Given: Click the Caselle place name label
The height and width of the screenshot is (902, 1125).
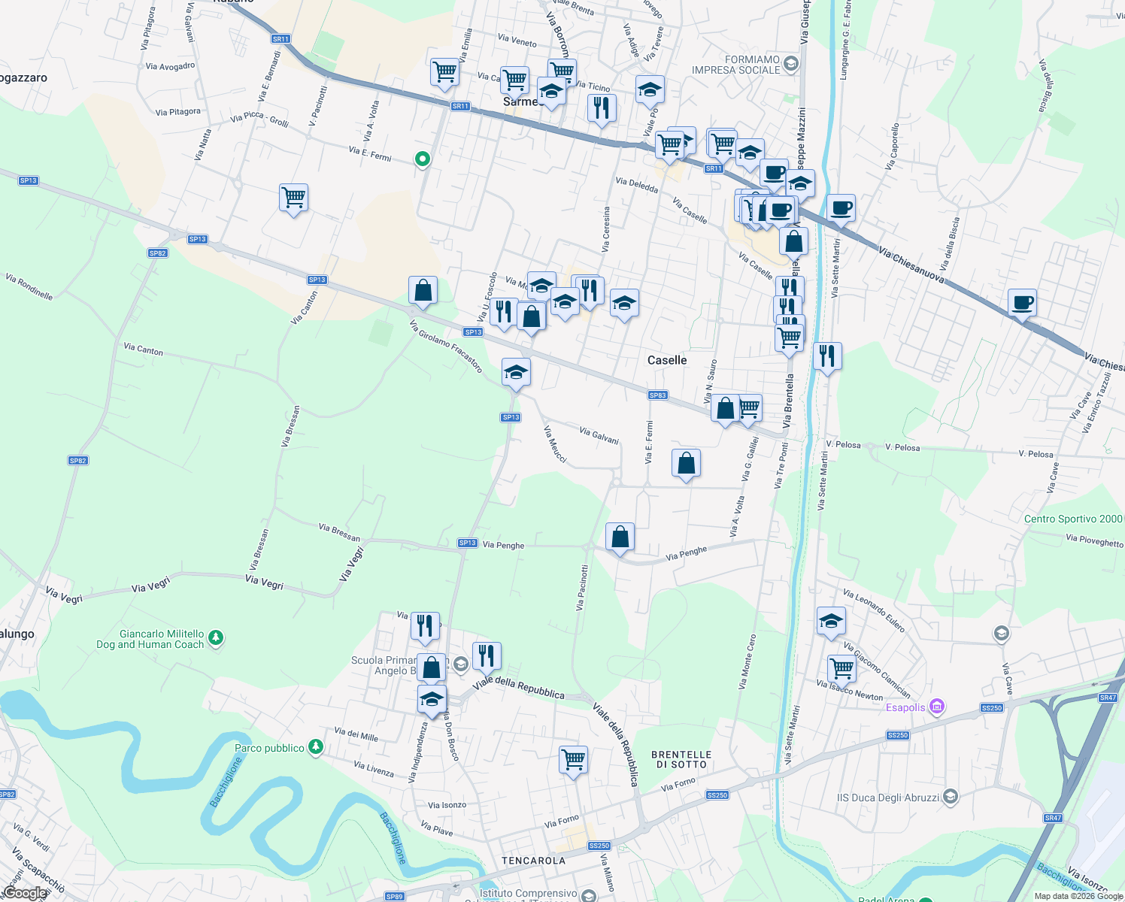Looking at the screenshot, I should [x=667, y=360].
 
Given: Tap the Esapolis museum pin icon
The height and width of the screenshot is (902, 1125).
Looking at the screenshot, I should [x=936, y=707].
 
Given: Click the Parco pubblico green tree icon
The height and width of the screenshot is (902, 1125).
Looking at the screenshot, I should [x=316, y=747].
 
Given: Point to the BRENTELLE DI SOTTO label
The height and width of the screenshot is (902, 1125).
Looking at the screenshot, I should [x=681, y=759].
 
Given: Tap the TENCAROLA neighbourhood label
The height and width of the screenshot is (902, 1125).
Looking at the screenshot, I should [x=533, y=861].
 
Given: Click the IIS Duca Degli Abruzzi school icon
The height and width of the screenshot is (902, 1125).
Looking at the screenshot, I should [x=951, y=797].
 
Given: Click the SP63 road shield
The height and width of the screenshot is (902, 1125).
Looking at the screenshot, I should [x=657, y=395].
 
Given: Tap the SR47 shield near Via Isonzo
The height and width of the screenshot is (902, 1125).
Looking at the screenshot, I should [x=1053, y=818].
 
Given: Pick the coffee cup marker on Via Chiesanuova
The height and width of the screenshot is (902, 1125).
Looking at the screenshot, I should [x=1021, y=303].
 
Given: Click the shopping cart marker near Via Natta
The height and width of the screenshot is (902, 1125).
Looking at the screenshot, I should [x=293, y=198].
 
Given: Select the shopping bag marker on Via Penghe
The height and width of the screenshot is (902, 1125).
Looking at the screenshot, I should [x=620, y=537].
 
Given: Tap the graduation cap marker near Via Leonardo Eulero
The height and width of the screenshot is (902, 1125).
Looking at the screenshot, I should [x=831, y=621].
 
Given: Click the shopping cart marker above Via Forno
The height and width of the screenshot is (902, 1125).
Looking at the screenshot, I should [x=573, y=760].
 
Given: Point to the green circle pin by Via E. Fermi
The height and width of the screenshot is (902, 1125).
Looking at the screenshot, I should [x=423, y=159].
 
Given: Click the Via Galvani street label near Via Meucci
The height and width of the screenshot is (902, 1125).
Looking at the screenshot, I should [x=599, y=434].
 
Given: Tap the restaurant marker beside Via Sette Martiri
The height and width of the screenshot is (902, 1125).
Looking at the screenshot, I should [x=826, y=356].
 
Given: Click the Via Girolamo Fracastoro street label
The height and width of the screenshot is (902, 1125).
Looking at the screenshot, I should [x=446, y=346].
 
